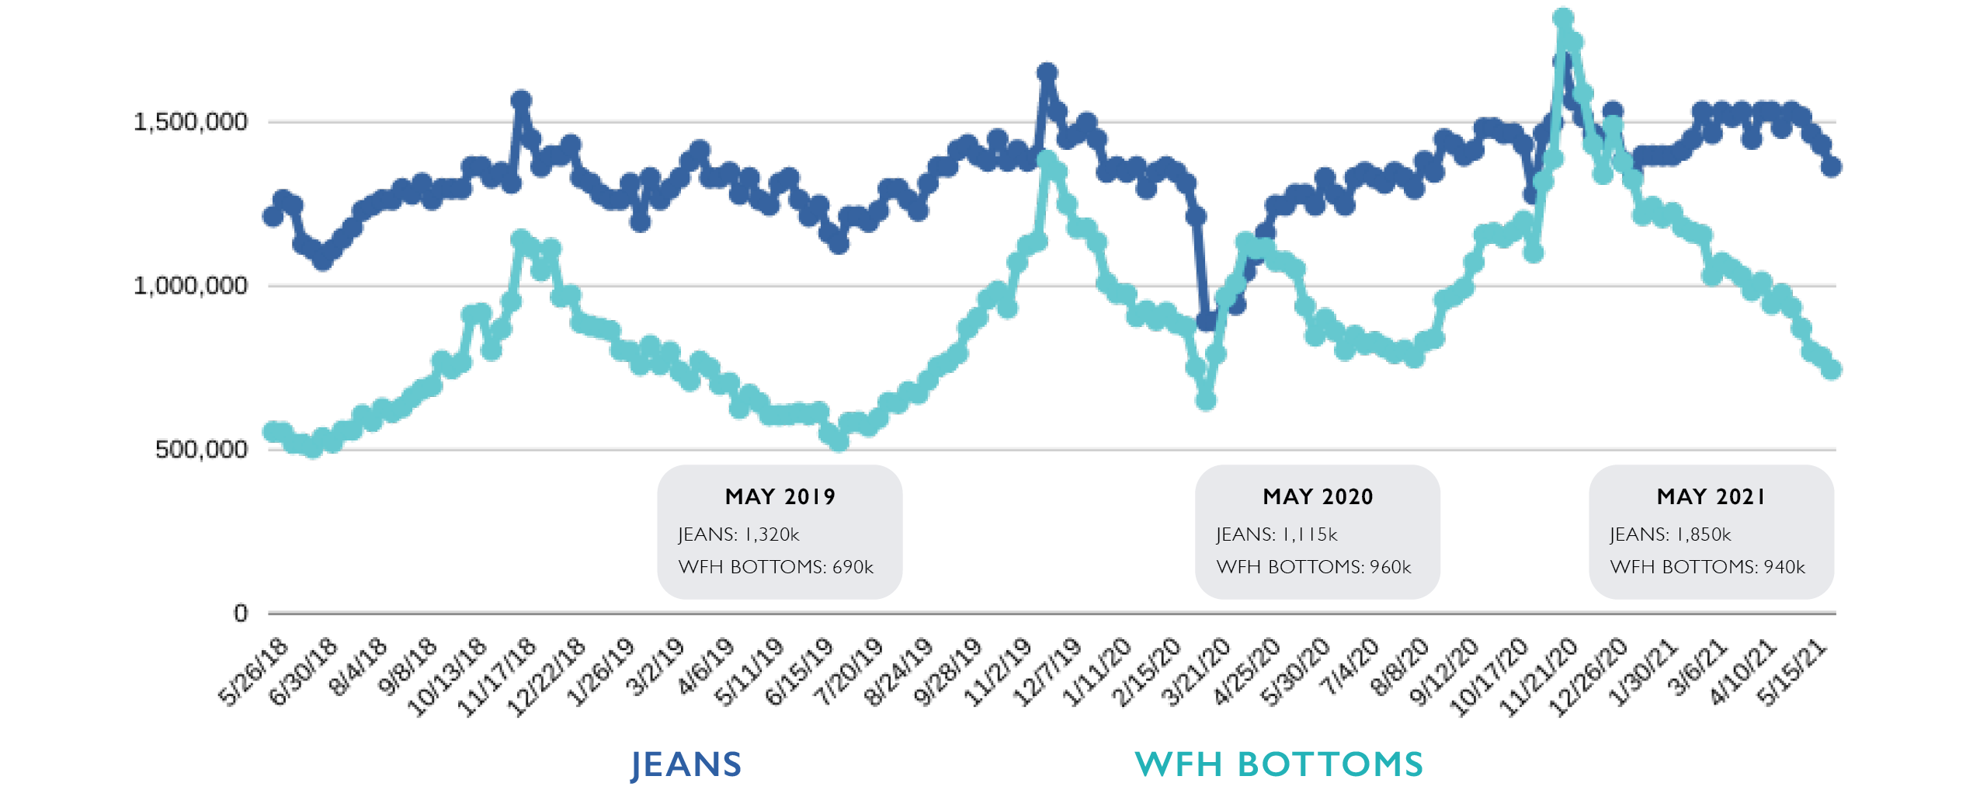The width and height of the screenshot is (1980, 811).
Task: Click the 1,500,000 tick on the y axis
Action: (190, 122)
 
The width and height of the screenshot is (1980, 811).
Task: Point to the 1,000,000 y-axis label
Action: (190, 286)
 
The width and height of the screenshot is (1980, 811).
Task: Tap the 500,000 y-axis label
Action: (201, 449)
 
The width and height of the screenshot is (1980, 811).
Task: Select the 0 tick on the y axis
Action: (241, 613)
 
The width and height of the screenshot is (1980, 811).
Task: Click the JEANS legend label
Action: (686, 764)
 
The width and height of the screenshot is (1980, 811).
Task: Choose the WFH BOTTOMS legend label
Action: (1279, 764)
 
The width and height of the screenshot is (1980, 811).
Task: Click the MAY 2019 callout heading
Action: (780, 497)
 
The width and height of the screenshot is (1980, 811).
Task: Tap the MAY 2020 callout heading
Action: (1318, 497)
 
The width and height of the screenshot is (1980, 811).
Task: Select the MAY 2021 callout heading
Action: (1711, 497)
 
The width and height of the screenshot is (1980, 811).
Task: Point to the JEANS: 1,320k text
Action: (738, 534)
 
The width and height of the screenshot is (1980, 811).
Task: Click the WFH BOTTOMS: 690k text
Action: (776, 567)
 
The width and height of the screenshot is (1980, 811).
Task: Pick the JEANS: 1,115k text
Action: (1277, 534)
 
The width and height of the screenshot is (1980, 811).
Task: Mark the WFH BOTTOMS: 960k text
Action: (1314, 567)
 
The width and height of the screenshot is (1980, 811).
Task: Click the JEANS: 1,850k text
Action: (1670, 534)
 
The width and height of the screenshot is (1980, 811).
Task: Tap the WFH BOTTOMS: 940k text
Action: (1707, 567)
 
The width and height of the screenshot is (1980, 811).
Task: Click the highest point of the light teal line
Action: (1563, 18)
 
